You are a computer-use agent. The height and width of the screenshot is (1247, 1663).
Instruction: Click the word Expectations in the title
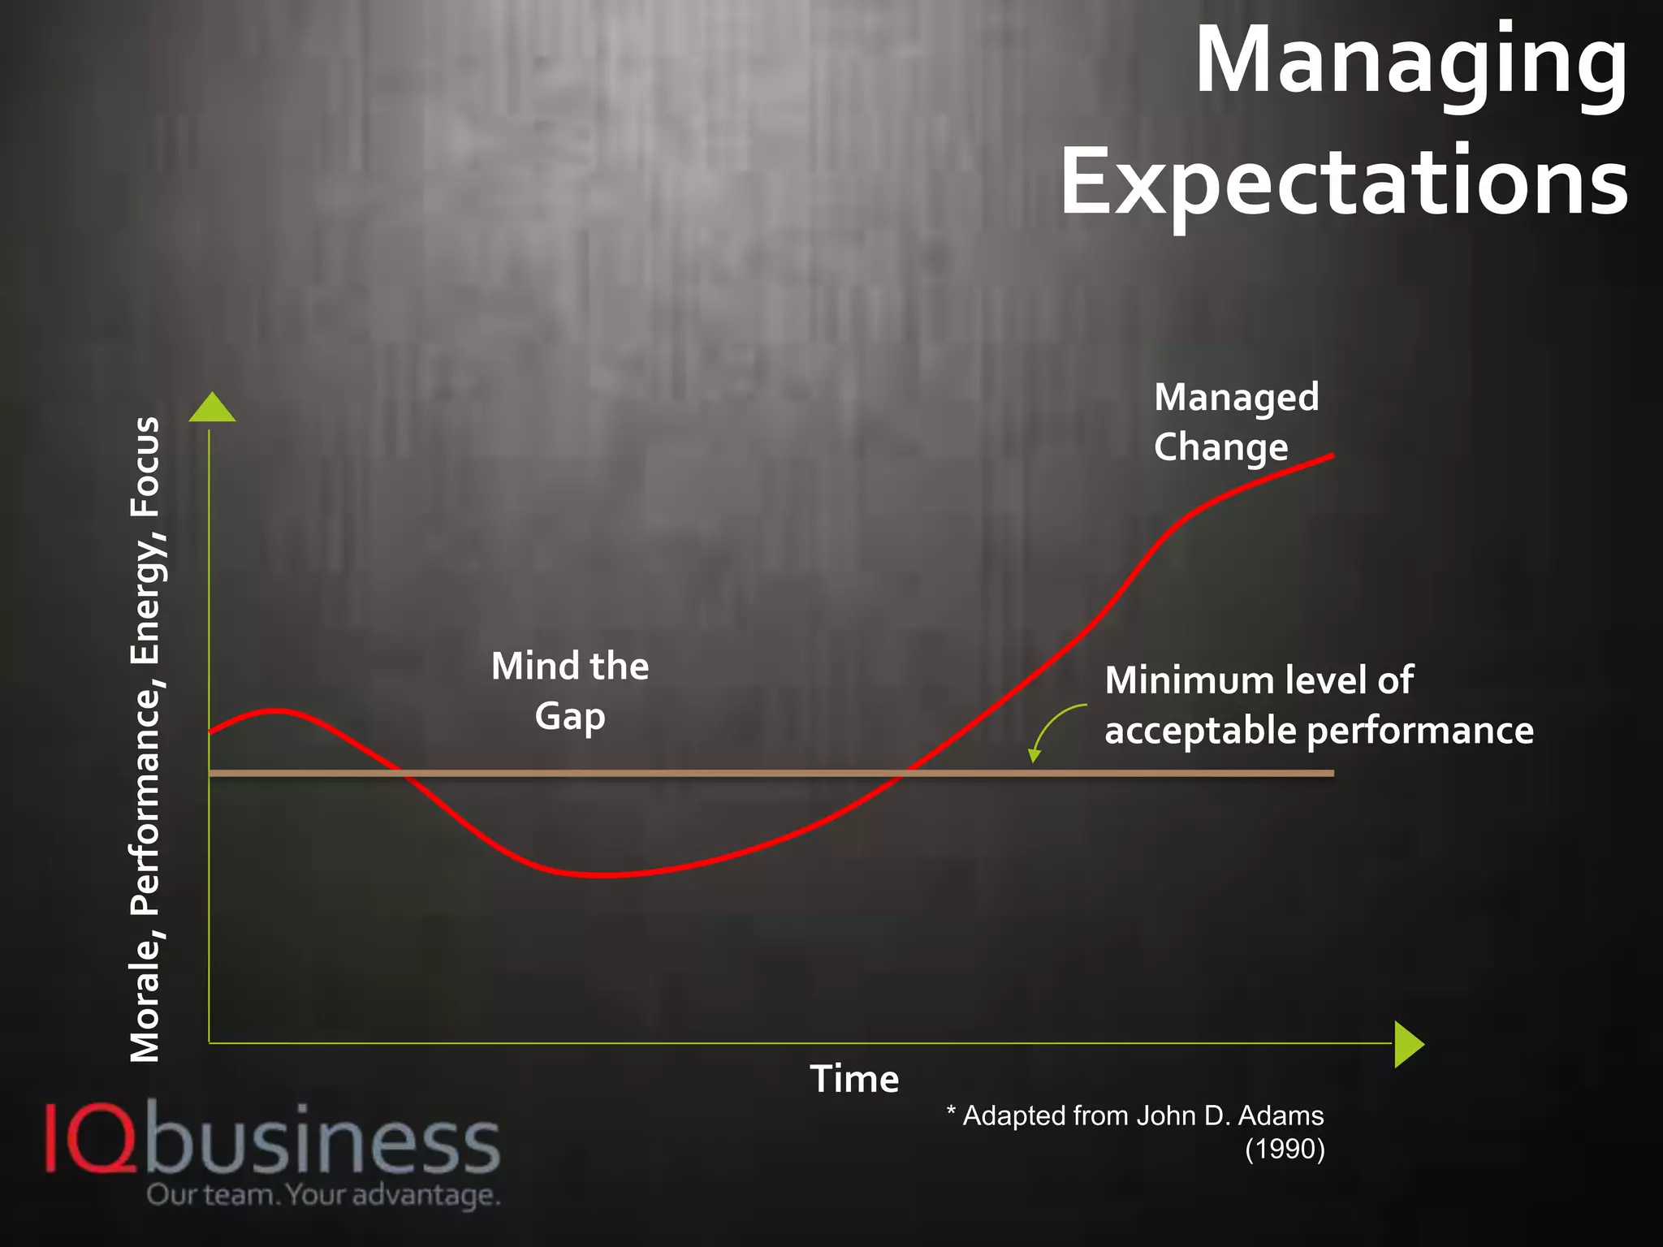tap(1344, 182)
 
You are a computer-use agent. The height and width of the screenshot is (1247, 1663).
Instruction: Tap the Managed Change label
tap(1235, 422)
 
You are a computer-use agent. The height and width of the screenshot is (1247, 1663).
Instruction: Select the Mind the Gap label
tap(570, 691)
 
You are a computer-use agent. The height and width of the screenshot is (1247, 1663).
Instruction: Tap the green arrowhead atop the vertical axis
tap(212, 408)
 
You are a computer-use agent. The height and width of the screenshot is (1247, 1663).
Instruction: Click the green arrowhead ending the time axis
tap(1409, 1044)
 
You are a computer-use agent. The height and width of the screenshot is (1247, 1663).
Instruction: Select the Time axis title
tap(854, 1080)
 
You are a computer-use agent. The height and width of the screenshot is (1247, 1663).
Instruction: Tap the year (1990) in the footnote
tap(1285, 1150)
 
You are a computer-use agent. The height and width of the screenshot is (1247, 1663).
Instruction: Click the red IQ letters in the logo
tap(89, 1138)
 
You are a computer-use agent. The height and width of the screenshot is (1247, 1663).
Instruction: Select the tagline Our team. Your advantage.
tap(323, 1195)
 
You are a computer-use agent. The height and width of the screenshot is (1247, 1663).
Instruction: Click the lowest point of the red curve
tap(605, 875)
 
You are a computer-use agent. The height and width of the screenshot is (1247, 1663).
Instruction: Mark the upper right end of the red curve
tap(1333, 455)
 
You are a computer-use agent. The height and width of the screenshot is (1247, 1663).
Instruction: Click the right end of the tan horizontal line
tap(1333, 774)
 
